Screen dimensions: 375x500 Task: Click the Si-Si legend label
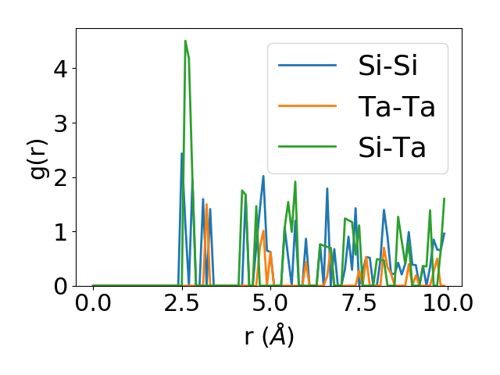(x=387, y=66)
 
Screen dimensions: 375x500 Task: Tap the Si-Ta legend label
(x=392, y=147)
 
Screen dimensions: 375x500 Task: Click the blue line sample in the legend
(x=307, y=66)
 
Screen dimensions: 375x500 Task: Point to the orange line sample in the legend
(x=307, y=106)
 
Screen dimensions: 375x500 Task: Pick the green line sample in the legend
(x=307, y=147)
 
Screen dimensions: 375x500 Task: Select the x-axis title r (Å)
(x=269, y=337)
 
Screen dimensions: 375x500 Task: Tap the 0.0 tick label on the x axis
(x=93, y=304)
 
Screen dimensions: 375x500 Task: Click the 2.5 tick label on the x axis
(x=181, y=304)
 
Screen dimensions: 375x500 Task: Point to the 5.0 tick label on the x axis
(x=270, y=304)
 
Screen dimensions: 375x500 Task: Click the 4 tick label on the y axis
(x=61, y=68)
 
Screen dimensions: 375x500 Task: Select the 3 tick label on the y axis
(x=61, y=123)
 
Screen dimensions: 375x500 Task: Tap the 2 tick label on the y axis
(x=61, y=177)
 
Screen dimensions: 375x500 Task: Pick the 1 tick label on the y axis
(x=61, y=232)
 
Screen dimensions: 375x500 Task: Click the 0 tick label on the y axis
(x=61, y=286)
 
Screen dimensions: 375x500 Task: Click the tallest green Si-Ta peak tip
(x=185, y=41)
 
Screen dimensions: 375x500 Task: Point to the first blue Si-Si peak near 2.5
(x=182, y=153)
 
